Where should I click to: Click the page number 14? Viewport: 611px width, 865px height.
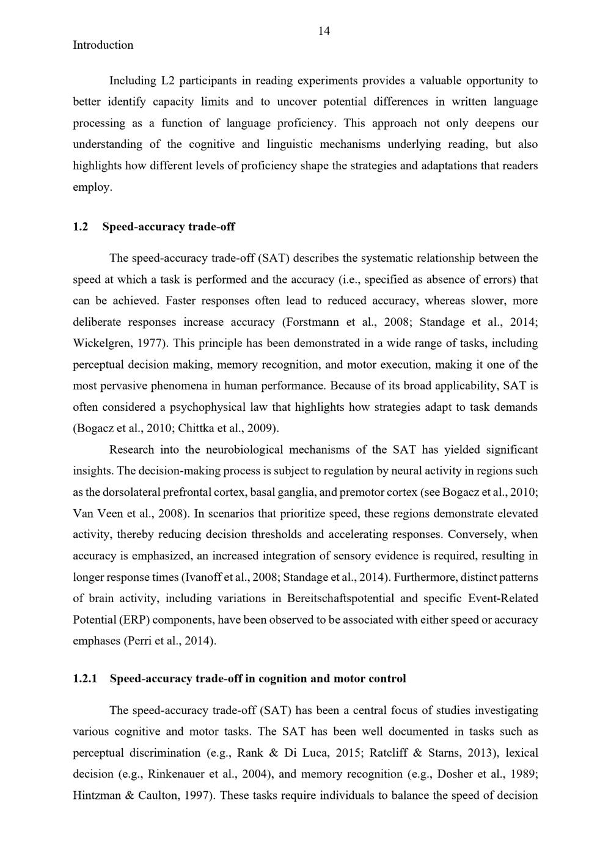[324, 31]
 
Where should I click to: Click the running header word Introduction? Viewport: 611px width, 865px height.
[103, 45]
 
